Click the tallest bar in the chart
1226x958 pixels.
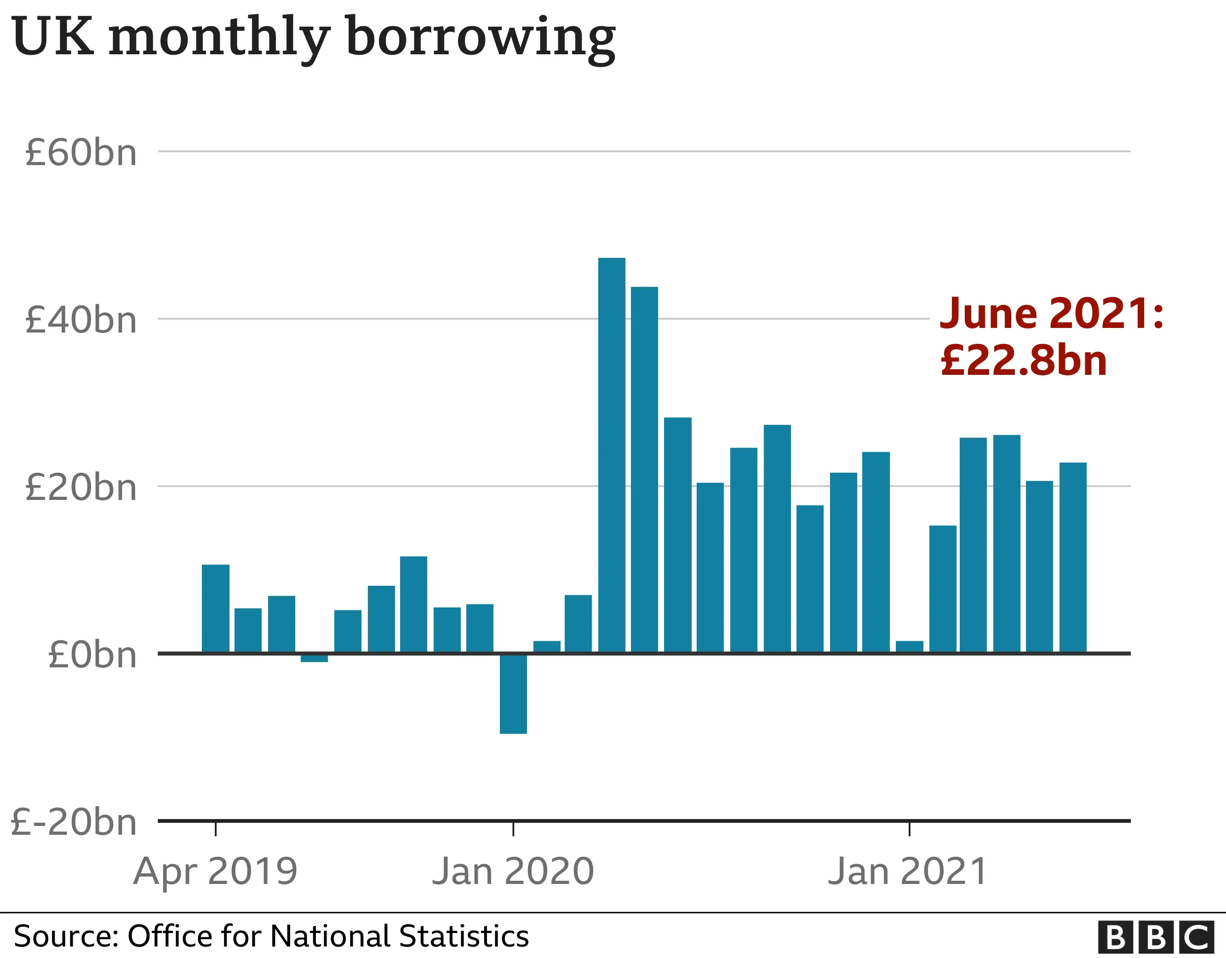[x=611, y=455]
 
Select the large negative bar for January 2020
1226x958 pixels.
[x=513, y=693]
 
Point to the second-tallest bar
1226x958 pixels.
[x=644, y=470]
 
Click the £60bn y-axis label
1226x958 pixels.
[x=81, y=152]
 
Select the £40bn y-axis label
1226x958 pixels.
[x=81, y=320]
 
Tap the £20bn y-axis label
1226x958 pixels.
[x=81, y=487]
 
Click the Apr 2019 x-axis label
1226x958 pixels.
[x=216, y=872]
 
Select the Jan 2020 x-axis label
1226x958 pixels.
[x=513, y=872]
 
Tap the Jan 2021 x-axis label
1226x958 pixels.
[x=908, y=872]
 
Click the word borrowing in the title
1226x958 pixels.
[x=481, y=38]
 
